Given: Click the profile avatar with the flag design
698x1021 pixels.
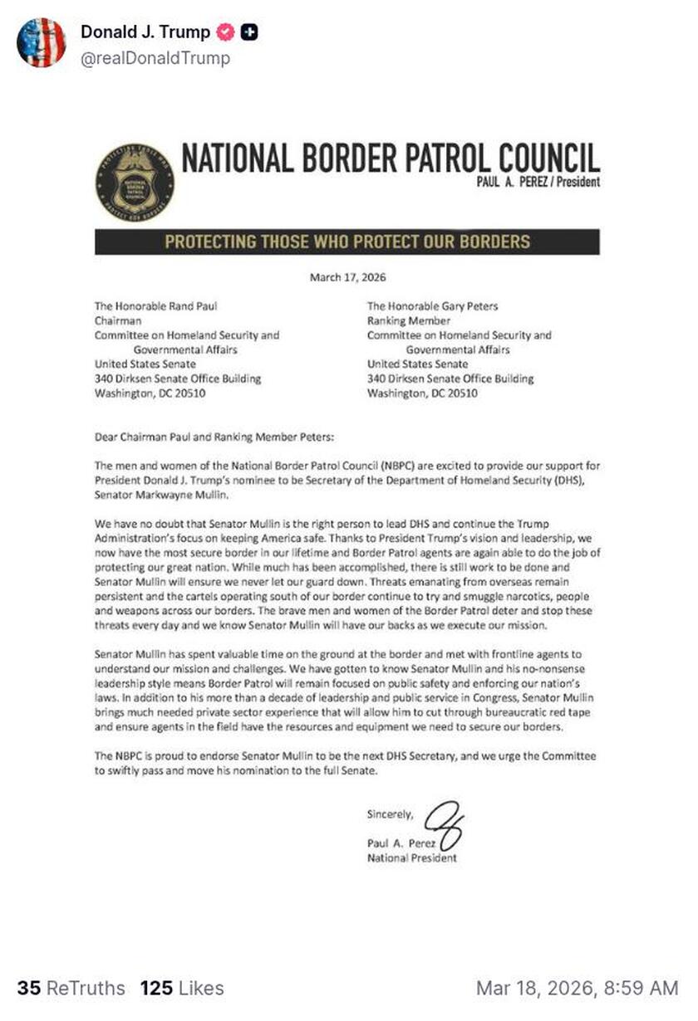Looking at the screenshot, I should pos(42,42).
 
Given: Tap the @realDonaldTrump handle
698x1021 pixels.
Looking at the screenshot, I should pos(155,58).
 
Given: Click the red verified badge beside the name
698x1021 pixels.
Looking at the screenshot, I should pos(224,32).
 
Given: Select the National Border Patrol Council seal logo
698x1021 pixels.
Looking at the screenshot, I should pos(135,182).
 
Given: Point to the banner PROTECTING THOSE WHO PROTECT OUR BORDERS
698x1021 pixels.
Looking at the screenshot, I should pos(347,242).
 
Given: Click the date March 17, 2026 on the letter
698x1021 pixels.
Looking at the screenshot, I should pos(347,277).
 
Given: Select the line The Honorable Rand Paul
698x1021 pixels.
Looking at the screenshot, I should pos(156,306).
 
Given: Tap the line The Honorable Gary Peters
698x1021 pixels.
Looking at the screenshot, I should pos(432,306).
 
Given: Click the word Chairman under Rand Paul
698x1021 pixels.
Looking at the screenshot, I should pos(118,321).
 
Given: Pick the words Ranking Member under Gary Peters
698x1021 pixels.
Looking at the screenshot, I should pos(408,321).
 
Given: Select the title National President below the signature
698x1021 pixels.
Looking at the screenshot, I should pos(411,858).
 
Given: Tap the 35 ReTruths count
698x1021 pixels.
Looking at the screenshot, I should pos(71,988).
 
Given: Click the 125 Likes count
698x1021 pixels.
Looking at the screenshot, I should pos(182,988).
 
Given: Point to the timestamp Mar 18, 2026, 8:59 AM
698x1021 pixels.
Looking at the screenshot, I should pos(577,988).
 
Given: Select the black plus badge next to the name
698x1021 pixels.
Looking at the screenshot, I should pos(248,32).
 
